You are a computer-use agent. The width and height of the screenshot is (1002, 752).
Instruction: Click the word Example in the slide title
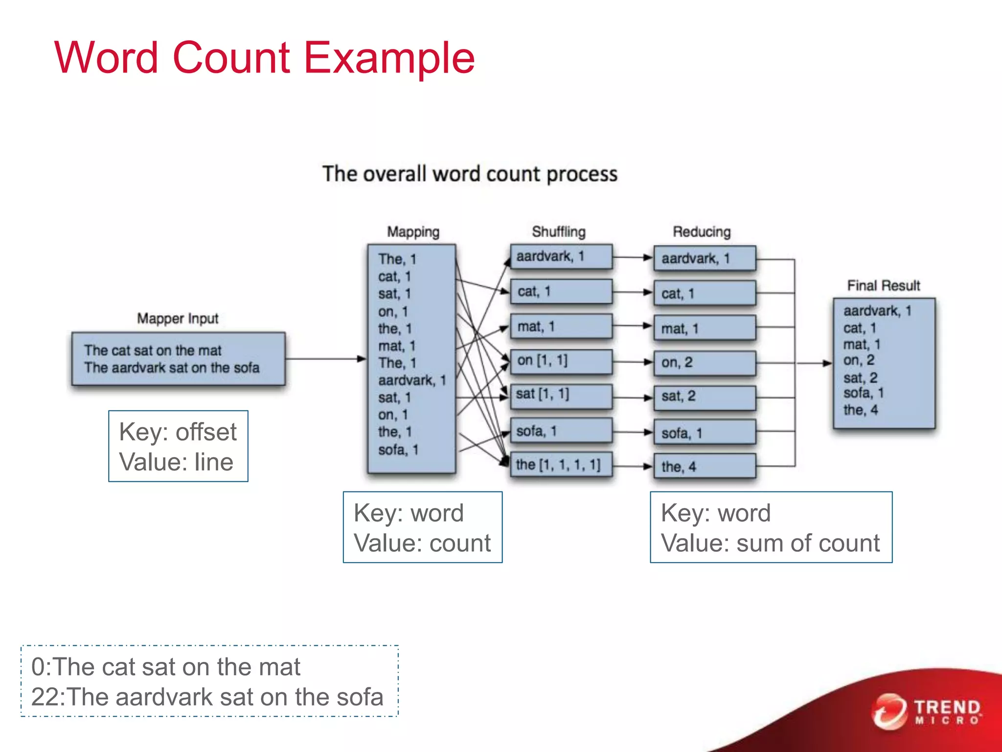[389, 58]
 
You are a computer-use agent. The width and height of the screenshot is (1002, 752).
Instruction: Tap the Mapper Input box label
[178, 319]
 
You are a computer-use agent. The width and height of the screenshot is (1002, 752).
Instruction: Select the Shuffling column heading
[558, 232]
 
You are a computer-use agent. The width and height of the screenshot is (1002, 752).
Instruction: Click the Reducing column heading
[702, 232]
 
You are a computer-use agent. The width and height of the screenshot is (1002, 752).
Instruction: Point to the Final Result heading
[884, 285]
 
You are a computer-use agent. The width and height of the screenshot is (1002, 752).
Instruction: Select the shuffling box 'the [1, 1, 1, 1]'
[561, 465]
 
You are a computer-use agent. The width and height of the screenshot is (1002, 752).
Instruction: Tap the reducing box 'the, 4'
[705, 467]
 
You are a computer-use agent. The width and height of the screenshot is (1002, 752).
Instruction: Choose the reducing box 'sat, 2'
[705, 397]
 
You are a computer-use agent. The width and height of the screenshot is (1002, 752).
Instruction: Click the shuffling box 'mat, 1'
[561, 327]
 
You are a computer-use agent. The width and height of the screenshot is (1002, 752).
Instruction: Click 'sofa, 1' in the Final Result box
[863, 393]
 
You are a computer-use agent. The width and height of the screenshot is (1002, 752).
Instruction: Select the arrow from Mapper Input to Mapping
[325, 359]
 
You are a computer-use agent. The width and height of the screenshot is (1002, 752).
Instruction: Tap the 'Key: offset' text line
[178, 432]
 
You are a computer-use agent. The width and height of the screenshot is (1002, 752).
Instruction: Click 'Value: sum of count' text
[770, 543]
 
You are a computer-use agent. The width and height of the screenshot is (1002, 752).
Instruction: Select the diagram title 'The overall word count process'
[470, 174]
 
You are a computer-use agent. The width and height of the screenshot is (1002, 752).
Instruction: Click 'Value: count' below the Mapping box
[422, 543]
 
